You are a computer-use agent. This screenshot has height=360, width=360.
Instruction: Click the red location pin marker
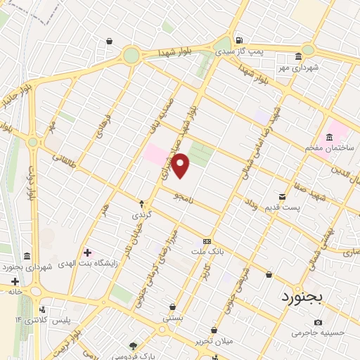(x=181, y=166)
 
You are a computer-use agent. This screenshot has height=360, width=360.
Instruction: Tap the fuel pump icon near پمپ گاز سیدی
(x=240, y=40)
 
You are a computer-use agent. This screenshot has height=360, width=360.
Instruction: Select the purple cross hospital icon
(x=87, y=252)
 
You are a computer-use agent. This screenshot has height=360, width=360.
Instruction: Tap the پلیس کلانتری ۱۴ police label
(x=51, y=321)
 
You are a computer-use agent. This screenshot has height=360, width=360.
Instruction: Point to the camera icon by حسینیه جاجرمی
(x=318, y=322)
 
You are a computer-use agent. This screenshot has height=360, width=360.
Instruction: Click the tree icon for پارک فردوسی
(x=132, y=345)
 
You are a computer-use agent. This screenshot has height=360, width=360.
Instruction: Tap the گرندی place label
(x=140, y=212)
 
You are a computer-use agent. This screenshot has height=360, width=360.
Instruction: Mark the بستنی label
(x=173, y=318)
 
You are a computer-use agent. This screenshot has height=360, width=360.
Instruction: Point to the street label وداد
(x=251, y=204)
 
